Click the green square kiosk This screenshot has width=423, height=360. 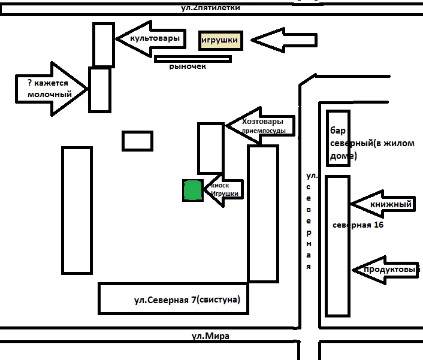click(x=192, y=190)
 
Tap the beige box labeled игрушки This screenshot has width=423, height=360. click(x=220, y=41)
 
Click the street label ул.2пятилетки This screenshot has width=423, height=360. click(x=210, y=8)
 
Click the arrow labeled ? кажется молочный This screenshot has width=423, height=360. click(x=50, y=89)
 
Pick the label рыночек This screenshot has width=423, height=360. click(x=187, y=66)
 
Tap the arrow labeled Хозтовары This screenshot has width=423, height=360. click(x=261, y=125)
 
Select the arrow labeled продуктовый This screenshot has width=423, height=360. click(x=386, y=270)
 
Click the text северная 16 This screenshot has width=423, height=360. click(x=358, y=225)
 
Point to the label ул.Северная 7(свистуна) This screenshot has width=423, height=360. click(x=191, y=300)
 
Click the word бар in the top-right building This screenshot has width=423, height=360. click(x=336, y=131)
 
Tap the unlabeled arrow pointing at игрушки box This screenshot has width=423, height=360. click(x=283, y=41)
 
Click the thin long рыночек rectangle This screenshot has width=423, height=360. click(x=192, y=59)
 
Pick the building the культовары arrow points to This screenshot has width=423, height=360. click(x=103, y=45)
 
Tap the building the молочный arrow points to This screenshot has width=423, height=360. click(x=99, y=90)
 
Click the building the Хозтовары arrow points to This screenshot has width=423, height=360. click(x=210, y=148)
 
